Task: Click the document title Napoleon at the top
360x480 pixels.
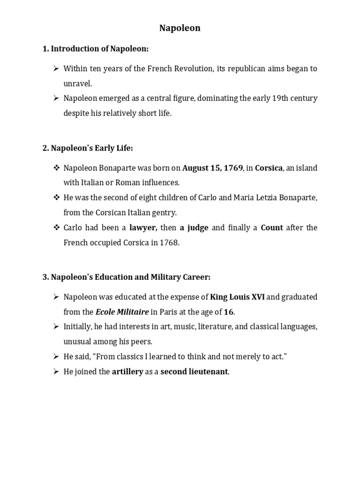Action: point(180,28)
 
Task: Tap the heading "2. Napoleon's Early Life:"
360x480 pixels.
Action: point(88,148)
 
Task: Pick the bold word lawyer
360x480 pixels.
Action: point(144,228)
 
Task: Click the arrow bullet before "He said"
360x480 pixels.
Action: point(55,357)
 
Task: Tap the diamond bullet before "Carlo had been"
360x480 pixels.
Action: point(55,228)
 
